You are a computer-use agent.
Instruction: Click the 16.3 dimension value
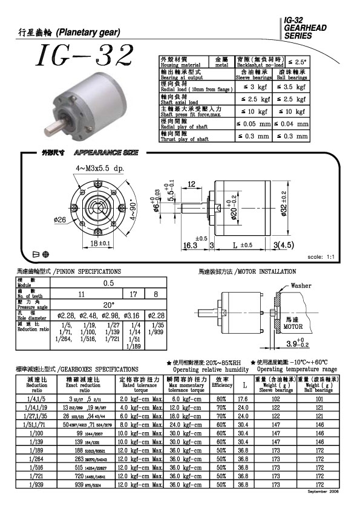pyautogui.click(x=191, y=245)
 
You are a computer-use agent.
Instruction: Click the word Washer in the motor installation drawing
pyautogui.click(x=301, y=285)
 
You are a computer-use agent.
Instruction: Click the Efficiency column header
pyautogui.click(x=221, y=385)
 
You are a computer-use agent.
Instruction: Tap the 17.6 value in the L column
pyautogui.click(x=244, y=399)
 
